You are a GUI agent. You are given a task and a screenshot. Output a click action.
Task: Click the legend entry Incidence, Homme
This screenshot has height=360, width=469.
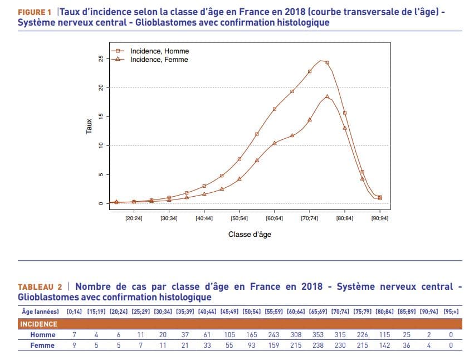tap(159, 51)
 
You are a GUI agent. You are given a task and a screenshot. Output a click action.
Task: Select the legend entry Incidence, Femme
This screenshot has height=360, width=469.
tap(159, 60)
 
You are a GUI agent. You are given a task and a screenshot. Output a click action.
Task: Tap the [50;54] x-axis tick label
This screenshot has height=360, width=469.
tap(239, 218)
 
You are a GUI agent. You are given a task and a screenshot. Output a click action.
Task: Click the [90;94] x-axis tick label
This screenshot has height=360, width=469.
tap(380, 218)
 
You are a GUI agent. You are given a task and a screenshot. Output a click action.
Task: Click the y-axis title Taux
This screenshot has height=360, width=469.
tap(89, 128)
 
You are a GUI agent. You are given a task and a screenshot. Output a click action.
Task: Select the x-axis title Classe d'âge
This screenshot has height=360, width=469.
tap(250, 235)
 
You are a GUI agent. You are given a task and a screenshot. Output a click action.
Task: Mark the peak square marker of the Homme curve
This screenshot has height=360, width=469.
tap(327, 62)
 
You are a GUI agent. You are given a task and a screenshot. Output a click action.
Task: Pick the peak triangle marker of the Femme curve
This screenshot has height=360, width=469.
tap(327, 96)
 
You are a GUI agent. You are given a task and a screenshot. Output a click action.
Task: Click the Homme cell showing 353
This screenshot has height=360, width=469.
tap(317, 335)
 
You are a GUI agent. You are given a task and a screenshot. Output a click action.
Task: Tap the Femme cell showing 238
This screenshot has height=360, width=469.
tap(317, 346)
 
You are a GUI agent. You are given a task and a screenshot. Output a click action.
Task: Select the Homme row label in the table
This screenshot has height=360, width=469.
tap(43, 335)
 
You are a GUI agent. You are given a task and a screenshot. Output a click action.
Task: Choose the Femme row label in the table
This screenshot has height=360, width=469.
tap(43, 346)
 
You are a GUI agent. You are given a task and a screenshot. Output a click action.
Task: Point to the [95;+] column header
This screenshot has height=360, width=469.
tap(450, 312)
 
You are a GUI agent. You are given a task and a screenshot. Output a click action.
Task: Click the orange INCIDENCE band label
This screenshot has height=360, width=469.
tap(39, 324)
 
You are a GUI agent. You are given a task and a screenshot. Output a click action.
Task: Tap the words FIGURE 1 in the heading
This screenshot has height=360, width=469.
tap(35, 12)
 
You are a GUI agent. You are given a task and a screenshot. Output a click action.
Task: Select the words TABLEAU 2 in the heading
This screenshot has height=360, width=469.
tap(40, 287)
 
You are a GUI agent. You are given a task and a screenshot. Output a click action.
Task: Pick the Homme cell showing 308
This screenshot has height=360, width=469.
tap(296, 335)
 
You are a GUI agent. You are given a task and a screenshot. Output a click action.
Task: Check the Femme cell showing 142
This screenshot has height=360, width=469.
tap(385, 346)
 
